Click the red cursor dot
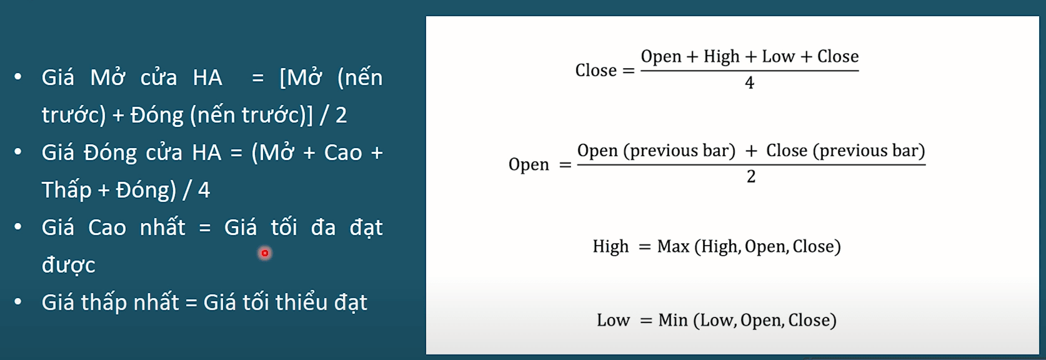pos(265,253)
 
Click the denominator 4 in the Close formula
pos(749,82)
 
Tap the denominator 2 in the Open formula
pos(751,176)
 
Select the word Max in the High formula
pos(674,246)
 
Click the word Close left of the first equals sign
pos(596,70)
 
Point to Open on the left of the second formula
pos(529,165)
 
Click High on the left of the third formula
pos(610,247)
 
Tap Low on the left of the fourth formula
pos(613,320)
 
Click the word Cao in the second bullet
pos(343,152)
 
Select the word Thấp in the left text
pos(66,191)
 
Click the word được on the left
pos(68,265)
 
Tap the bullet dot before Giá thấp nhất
pos(18,301)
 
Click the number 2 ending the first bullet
pos(341,116)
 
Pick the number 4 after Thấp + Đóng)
pos(204,190)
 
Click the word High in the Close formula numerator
pos(722,57)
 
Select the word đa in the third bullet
pos(323,227)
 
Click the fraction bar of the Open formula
pos(751,164)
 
